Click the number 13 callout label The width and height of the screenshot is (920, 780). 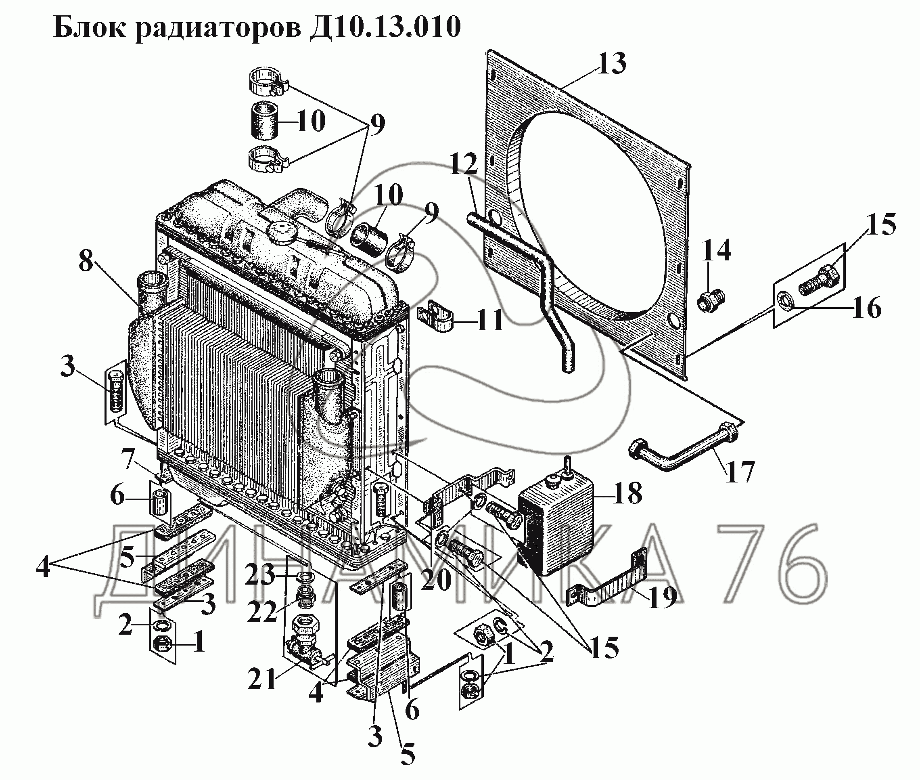click(x=612, y=64)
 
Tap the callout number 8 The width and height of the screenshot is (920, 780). click(x=86, y=262)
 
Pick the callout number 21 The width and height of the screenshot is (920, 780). click(x=262, y=679)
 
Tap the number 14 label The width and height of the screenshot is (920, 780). click(x=716, y=250)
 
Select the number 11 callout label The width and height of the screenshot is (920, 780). click(x=489, y=321)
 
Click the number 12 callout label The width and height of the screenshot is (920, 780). click(x=464, y=164)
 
